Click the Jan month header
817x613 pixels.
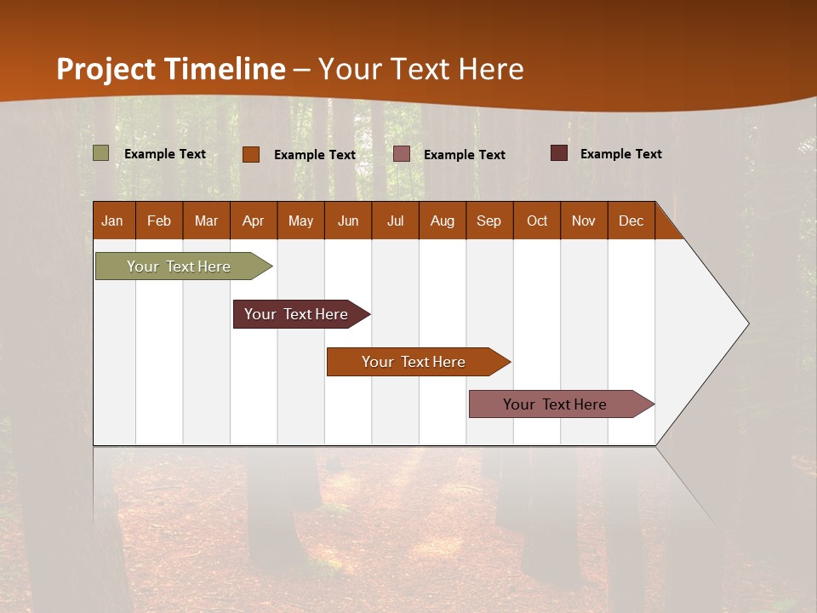click(x=113, y=221)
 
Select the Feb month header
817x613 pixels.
click(x=159, y=221)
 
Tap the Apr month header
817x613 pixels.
click(x=253, y=221)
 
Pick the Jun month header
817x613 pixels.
click(x=348, y=221)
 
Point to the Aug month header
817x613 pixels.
click(x=442, y=221)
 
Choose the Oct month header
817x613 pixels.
click(x=537, y=221)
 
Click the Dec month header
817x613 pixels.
click(x=631, y=221)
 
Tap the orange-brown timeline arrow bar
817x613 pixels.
click(x=414, y=362)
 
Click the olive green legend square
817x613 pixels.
click(x=101, y=153)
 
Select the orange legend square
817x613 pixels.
click(x=251, y=154)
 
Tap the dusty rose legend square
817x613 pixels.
click(x=402, y=154)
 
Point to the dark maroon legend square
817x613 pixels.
click(x=559, y=153)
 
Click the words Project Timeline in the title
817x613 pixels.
click(x=170, y=69)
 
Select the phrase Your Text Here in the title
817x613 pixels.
click(x=421, y=69)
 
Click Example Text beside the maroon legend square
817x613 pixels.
click(x=620, y=154)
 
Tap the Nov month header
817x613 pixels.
click(x=584, y=221)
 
